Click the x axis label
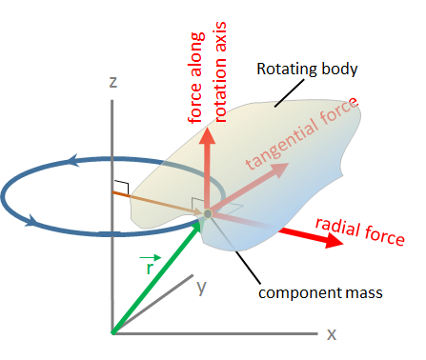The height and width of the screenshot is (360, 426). tap(333, 334)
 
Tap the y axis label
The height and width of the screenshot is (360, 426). tap(201, 288)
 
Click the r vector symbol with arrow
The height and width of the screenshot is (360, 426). tap(148, 266)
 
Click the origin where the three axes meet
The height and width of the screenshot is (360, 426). tap(112, 333)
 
